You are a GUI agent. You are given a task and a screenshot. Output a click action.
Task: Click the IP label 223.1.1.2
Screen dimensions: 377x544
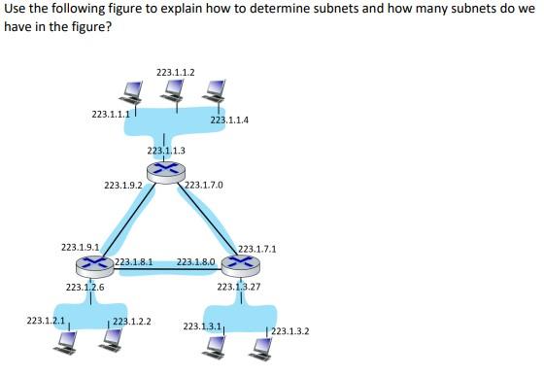tap(175, 72)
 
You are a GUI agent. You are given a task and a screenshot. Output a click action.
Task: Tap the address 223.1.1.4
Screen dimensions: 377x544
tap(229, 120)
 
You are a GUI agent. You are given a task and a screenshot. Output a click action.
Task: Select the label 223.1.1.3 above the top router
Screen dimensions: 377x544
tap(166, 151)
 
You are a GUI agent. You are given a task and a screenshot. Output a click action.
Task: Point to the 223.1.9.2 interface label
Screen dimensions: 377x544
tap(122, 184)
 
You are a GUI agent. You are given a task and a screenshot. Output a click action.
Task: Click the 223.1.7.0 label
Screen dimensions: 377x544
tap(203, 184)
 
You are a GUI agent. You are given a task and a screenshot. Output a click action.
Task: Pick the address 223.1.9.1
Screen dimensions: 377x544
tap(80, 247)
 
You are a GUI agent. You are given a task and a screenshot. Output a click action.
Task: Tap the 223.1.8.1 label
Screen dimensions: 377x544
tap(134, 262)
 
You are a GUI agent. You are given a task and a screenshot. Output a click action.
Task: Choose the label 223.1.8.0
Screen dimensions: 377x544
tap(196, 262)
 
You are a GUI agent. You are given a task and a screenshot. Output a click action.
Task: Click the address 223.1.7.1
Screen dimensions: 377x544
tap(257, 249)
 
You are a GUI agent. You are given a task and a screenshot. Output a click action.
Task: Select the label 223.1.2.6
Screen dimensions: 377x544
tap(85, 287)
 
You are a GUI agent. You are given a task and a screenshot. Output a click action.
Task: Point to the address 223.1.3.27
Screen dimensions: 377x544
tap(239, 287)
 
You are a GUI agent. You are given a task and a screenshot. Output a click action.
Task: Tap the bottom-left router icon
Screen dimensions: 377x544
tap(94, 263)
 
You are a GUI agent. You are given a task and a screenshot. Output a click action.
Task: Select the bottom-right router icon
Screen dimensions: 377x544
tap(239, 263)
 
